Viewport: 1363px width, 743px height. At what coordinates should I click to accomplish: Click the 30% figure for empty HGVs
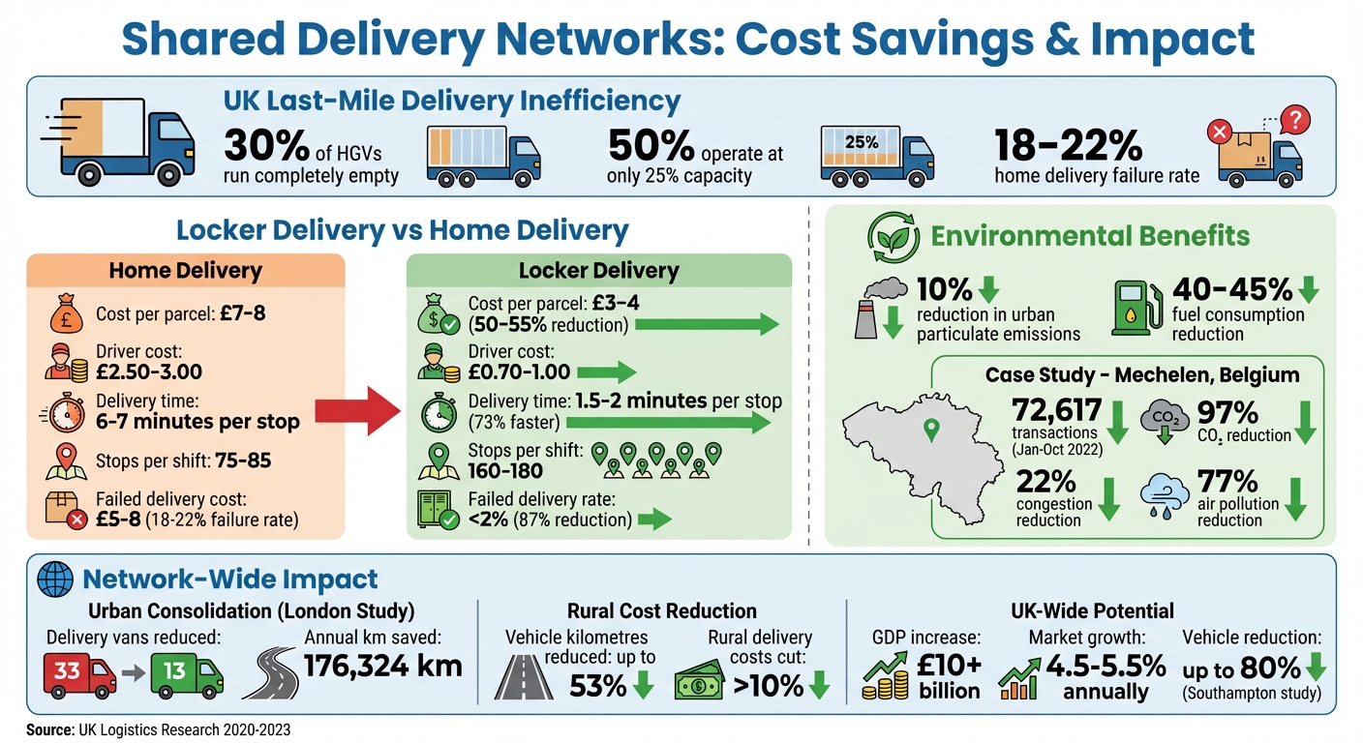click(x=264, y=145)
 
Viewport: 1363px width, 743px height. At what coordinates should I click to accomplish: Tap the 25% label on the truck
click(x=861, y=142)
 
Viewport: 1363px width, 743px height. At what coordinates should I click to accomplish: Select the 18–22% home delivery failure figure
click(x=1069, y=145)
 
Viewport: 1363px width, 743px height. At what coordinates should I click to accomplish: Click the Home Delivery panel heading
click(x=187, y=271)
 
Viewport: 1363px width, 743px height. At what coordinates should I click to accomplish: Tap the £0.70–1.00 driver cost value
click(x=519, y=371)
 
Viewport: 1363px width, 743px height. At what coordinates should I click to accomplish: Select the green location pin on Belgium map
click(x=931, y=430)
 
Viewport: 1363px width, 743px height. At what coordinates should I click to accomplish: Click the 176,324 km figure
click(x=383, y=667)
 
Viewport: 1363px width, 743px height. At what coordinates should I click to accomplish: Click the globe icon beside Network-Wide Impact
click(x=55, y=580)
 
